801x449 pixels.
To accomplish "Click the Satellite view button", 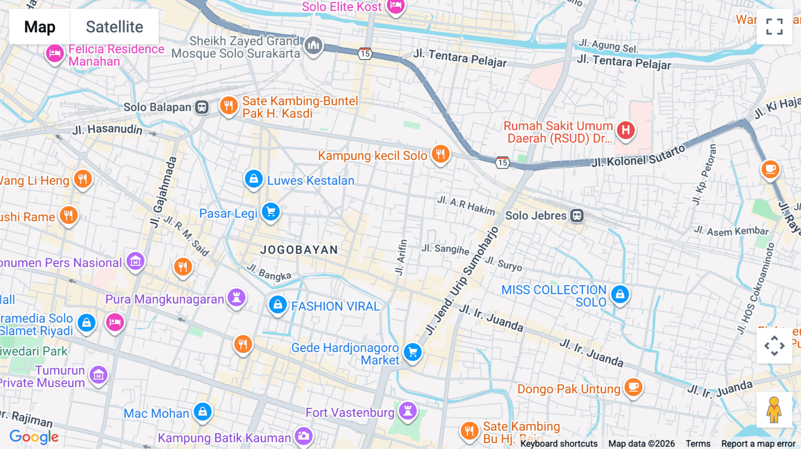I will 114,27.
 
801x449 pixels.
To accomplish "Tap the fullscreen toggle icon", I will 774,27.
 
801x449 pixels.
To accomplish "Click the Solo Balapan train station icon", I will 202,107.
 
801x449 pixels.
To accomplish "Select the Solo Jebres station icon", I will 577,216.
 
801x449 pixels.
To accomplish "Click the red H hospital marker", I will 626,130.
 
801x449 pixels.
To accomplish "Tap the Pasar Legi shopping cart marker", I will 271,212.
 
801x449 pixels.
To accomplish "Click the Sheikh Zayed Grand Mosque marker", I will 314,45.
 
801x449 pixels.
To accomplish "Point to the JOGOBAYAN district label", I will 299,250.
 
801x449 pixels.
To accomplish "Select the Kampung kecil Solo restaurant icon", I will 441,154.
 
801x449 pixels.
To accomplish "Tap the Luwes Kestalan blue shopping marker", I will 254,179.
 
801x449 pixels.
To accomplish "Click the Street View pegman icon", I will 774,410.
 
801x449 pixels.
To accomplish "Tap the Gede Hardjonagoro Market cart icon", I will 413,352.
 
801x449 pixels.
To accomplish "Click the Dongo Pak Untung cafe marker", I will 633,387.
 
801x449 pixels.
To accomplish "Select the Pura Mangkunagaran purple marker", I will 237,297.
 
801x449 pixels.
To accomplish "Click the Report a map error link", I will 758,444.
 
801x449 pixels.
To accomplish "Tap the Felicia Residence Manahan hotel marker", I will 55,54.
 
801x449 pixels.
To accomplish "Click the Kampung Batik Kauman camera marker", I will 304,436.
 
